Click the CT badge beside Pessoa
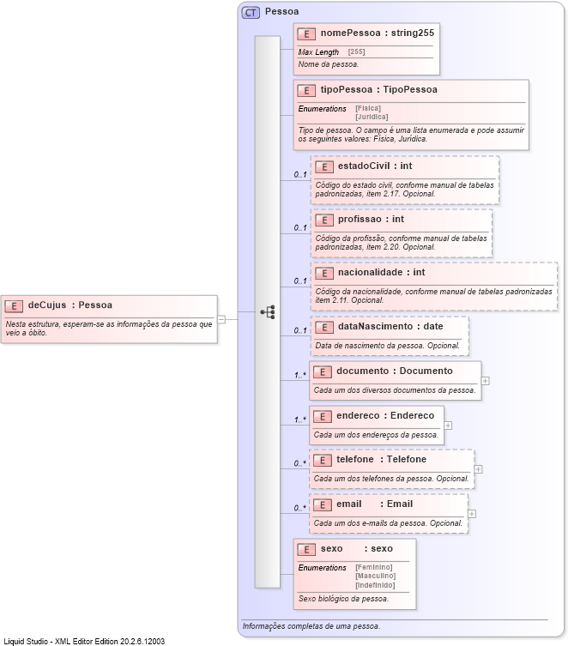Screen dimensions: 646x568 pos(251,13)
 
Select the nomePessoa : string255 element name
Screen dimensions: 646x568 pos(378,33)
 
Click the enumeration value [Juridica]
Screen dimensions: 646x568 pos(372,117)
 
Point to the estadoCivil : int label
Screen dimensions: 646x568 pos(375,166)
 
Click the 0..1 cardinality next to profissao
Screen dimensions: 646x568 pos(300,227)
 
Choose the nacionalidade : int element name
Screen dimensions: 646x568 pos(381,273)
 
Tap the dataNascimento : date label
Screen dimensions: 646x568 pos(390,326)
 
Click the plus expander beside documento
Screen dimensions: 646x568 pos(486,380)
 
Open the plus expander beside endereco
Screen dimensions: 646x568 pos(448,425)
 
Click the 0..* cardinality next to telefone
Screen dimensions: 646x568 pos(300,463)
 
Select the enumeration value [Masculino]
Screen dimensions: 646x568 pos(376,576)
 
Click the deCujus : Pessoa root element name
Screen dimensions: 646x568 pos(70,305)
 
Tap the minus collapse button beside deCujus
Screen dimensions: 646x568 pos(221,318)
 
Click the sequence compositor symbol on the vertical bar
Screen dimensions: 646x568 pos(268,312)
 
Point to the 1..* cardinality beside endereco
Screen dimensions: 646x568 pos(300,420)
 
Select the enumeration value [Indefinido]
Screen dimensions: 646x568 pos(376,584)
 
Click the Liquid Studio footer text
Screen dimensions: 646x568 pos(84,640)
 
